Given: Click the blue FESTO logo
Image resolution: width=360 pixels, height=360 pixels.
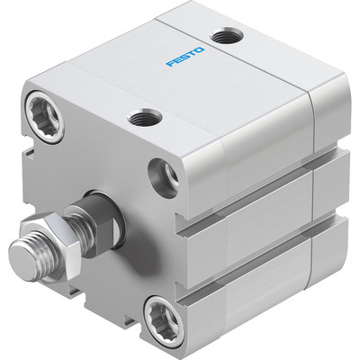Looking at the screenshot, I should pos(185,57).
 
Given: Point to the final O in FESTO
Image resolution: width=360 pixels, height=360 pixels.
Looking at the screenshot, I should pos(200,50).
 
